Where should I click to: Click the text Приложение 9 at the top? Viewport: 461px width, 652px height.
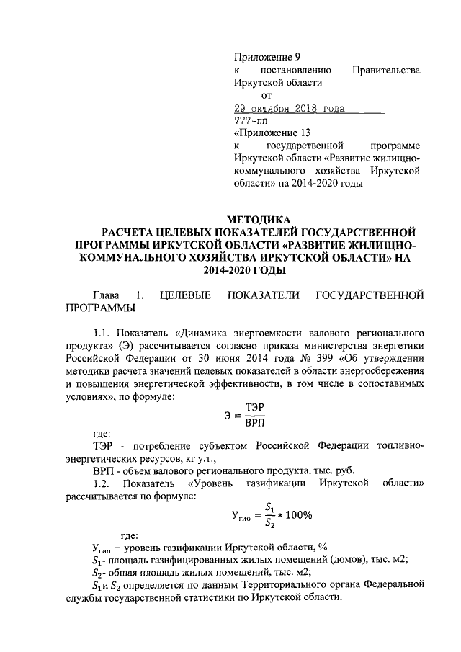(267, 56)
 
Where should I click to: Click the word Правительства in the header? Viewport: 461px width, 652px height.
(385, 70)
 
